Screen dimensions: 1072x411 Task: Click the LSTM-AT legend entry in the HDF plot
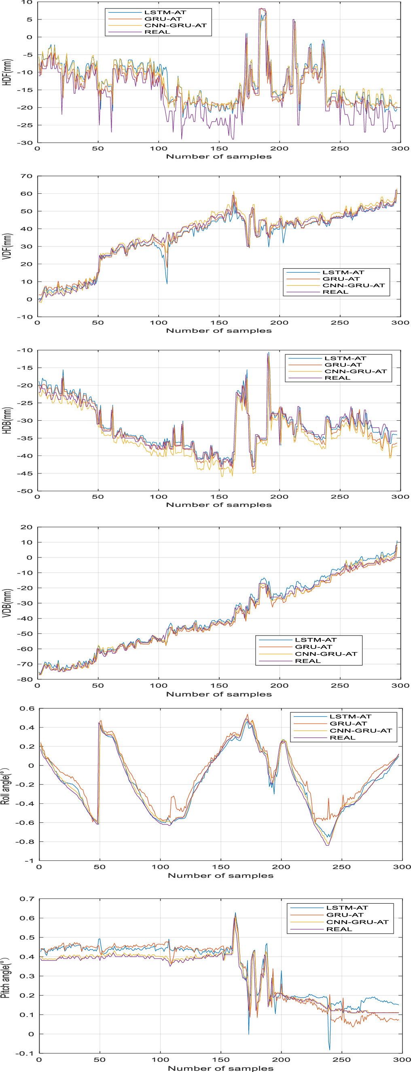pos(165,12)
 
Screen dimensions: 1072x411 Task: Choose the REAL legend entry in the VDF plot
pos(335,292)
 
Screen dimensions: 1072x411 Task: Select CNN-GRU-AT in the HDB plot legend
pos(355,371)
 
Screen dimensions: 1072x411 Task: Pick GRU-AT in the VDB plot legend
pos(313,647)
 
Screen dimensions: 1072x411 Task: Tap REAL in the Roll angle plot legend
pos(342,737)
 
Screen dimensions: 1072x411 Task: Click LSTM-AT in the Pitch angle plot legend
pos(347,908)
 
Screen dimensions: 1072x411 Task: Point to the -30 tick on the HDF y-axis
pos(25,143)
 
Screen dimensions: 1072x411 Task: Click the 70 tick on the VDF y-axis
pos(27,176)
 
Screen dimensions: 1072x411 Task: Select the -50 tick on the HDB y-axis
pos(25,491)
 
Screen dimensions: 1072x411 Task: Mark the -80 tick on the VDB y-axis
pos(25,679)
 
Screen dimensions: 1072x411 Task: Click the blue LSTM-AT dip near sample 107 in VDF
pos(167,283)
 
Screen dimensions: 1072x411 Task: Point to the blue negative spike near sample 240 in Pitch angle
pos(329,1049)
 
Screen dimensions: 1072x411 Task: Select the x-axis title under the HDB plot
pos(219,505)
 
